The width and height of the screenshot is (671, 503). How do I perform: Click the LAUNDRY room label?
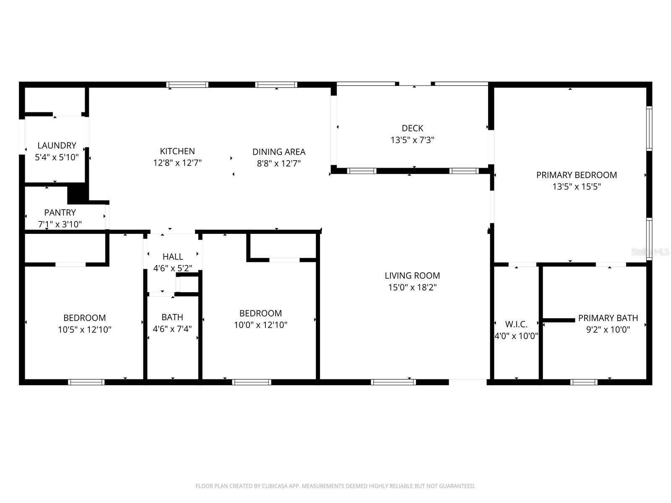(x=57, y=145)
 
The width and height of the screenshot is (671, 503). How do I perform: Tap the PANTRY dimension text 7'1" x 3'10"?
(x=60, y=224)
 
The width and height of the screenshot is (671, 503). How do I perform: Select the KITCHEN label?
(x=177, y=151)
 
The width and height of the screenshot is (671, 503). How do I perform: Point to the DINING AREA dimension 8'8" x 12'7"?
(x=279, y=163)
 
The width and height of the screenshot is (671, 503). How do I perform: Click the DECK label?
(x=412, y=128)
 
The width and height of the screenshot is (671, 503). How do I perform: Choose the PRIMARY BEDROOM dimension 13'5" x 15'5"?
(x=576, y=187)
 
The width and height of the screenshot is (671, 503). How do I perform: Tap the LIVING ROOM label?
(x=412, y=275)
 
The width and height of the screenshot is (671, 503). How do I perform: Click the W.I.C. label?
(x=516, y=324)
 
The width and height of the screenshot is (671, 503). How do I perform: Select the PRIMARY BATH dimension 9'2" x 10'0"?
(x=608, y=329)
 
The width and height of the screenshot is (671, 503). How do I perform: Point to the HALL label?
(x=173, y=257)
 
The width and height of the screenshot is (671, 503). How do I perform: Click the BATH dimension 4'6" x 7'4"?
(x=172, y=329)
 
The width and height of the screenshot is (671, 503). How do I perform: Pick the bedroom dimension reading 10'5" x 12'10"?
(x=84, y=329)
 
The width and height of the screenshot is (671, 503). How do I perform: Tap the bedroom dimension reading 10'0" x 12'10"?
(x=260, y=325)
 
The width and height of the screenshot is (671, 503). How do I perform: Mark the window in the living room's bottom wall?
(x=393, y=382)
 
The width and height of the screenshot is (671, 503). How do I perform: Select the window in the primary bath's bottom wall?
(x=584, y=382)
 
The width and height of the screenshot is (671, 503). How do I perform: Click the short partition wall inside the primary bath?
(x=559, y=320)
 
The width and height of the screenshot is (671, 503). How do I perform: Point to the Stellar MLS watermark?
(x=650, y=252)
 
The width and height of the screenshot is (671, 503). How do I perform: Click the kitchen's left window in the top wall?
(x=187, y=85)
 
